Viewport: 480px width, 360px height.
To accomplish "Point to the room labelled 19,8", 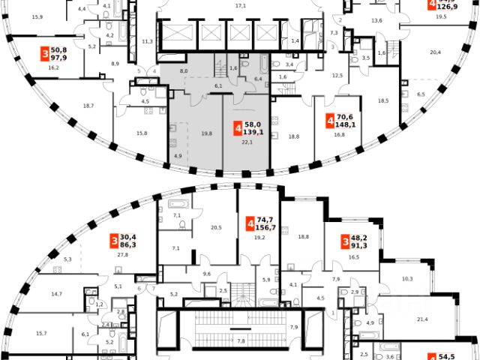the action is (x=185, y=133).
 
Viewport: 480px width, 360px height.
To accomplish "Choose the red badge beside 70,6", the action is (x=330, y=121).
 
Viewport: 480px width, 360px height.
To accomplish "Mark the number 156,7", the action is (x=267, y=229).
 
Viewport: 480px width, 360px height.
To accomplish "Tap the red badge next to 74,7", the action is (x=249, y=224).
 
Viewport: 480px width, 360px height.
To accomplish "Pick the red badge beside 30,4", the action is (x=114, y=240).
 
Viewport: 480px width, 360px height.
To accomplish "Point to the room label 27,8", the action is (x=123, y=255).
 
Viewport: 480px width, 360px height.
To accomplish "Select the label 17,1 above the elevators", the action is (x=241, y=5).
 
